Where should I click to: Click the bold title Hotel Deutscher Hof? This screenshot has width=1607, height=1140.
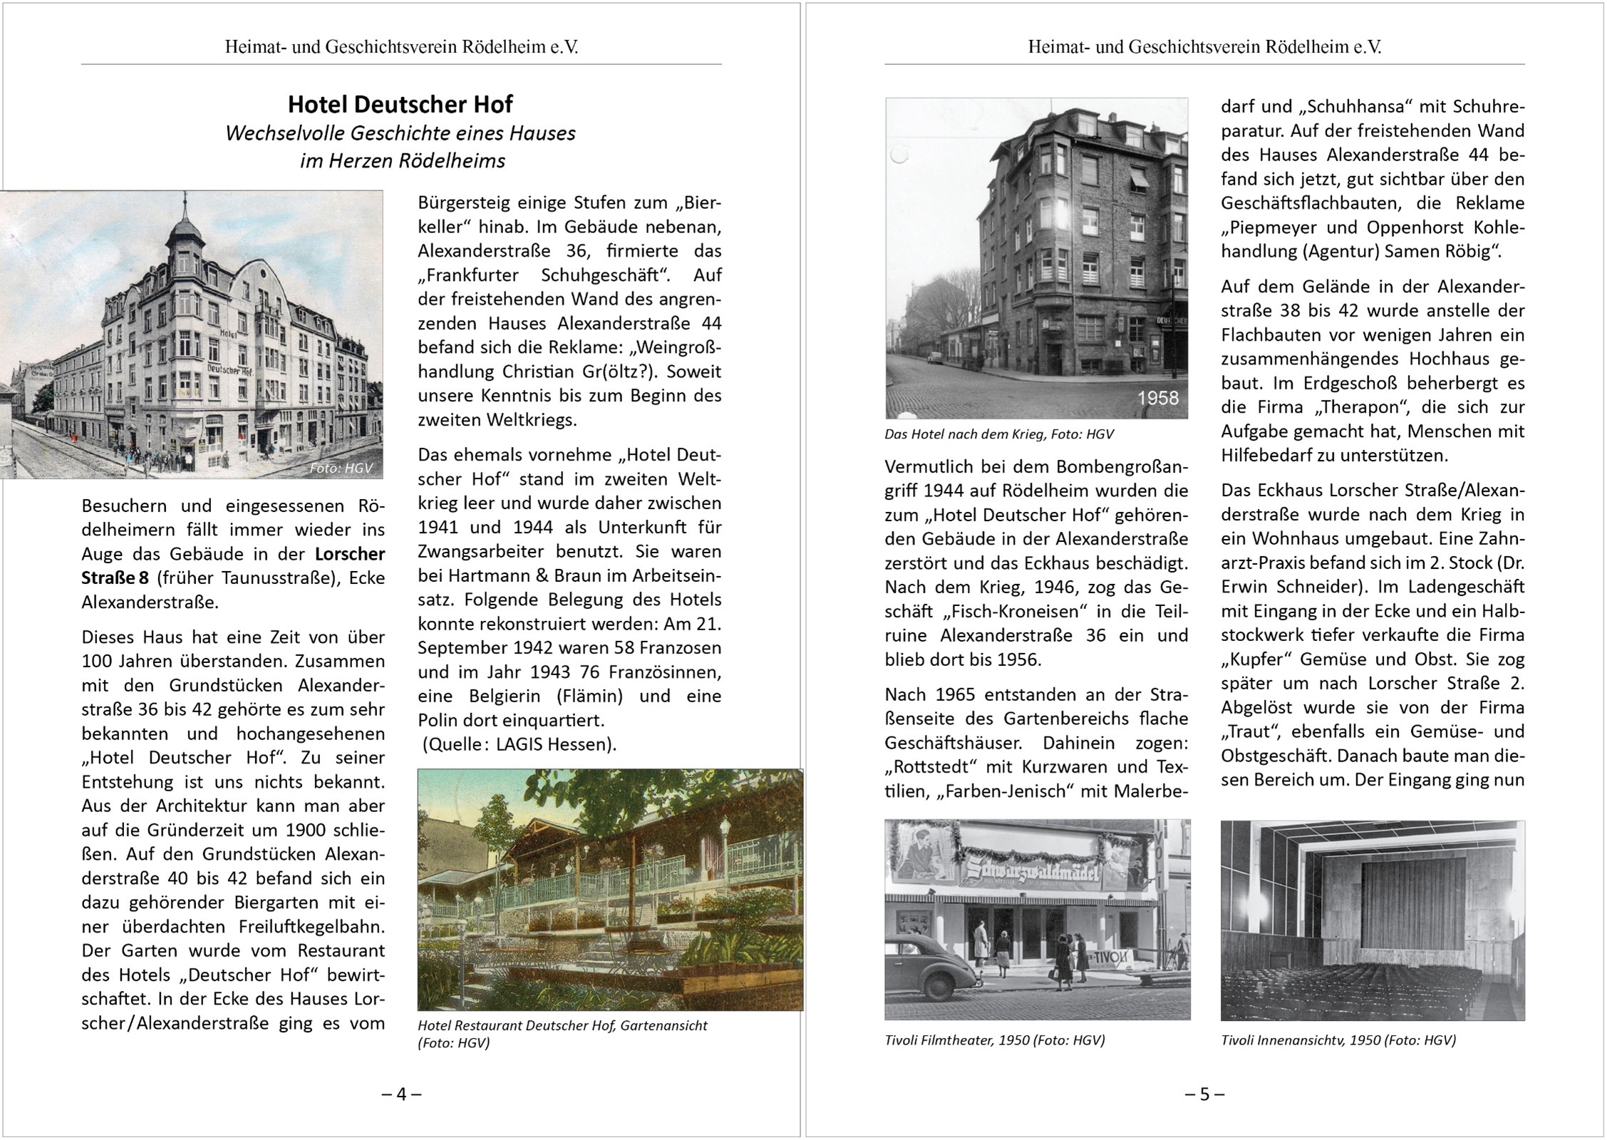(x=400, y=105)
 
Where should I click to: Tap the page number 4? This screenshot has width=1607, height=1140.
(x=401, y=1094)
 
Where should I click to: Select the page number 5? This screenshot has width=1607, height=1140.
(x=1204, y=1094)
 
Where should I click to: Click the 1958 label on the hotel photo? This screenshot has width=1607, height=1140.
(x=1157, y=399)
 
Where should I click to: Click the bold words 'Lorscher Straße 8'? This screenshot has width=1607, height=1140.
(x=233, y=565)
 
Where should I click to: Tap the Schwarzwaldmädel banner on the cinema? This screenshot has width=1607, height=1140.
(x=1032, y=873)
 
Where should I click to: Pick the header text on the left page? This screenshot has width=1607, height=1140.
(x=401, y=47)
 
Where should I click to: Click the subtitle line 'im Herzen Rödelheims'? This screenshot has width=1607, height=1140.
(x=402, y=161)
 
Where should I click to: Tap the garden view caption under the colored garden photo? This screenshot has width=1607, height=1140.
(x=562, y=1034)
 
